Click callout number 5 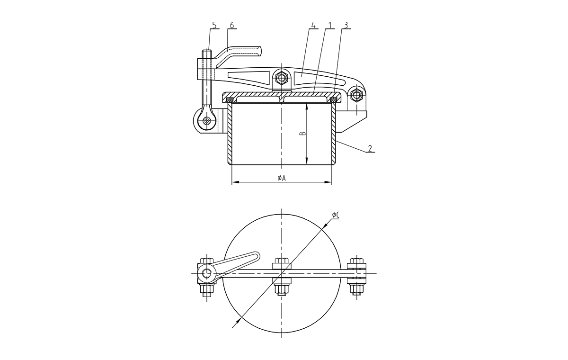[214, 25]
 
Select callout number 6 [231, 25]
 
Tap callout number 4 [313, 25]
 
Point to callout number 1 [330, 25]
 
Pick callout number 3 [347, 25]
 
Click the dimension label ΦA [281, 178]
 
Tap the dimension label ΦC [336, 215]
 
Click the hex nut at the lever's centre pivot [282, 78]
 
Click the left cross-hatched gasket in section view [230, 99]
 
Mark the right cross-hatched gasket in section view [334, 99]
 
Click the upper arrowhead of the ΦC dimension [323, 225]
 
